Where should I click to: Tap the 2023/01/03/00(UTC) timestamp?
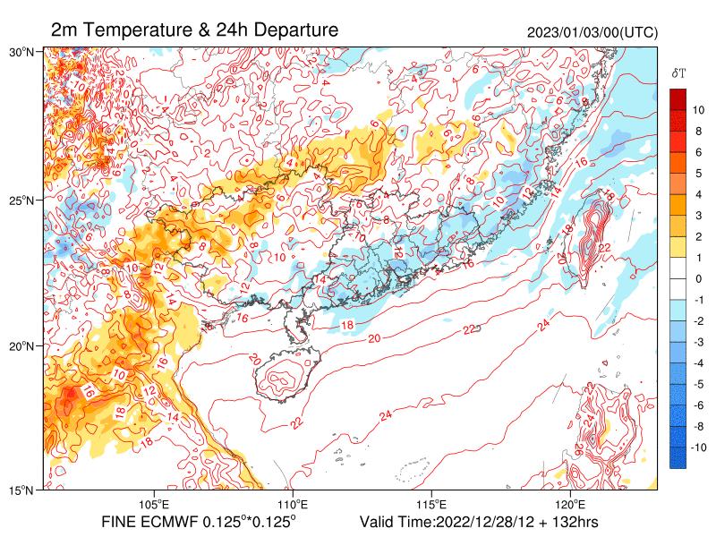[x=592, y=32]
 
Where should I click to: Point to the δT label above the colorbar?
[x=678, y=72]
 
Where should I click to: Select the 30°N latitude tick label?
[x=21, y=53]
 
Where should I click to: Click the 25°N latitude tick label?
[x=21, y=200]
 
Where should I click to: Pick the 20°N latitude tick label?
[x=21, y=345]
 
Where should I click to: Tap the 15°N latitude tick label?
[x=21, y=490]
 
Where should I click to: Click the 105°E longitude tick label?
[x=155, y=504]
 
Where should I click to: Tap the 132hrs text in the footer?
[x=573, y=522]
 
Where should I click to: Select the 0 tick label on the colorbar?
[x=698, y=278]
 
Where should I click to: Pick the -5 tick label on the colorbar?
[x=698, y=384]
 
